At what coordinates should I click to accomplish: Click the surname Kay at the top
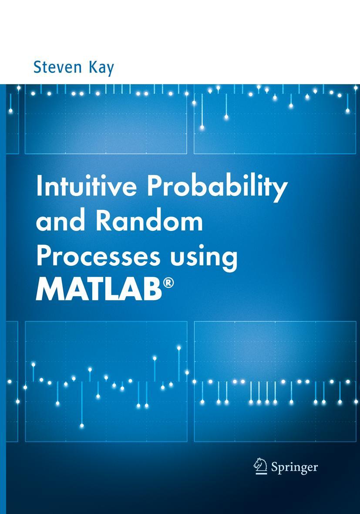tap(101, 68)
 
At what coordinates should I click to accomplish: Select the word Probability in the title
tap(217, 188)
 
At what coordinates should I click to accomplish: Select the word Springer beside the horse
tap(294, 468)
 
